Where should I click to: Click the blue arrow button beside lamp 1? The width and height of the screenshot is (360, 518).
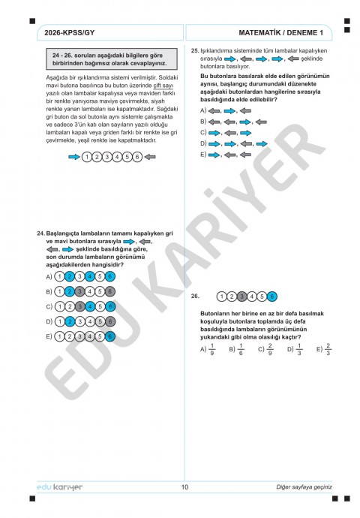pos(73,157)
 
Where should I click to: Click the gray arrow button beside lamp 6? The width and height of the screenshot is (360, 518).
pos(149,157)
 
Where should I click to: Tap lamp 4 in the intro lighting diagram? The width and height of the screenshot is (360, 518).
pos(117,157)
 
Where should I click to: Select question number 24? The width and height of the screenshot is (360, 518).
pos(40,234)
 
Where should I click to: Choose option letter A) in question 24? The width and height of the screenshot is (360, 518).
pos(49,277)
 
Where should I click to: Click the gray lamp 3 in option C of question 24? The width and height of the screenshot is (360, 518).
pos(79,306)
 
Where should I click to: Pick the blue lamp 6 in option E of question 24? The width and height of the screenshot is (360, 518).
pos(109,336)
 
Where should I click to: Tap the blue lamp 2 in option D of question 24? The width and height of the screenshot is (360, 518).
pos(69,321)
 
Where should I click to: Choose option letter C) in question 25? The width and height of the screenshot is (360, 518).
pos(202,131)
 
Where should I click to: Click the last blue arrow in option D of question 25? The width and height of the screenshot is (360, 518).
pos(262,143)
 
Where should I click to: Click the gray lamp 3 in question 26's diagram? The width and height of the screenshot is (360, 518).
pos(241,296)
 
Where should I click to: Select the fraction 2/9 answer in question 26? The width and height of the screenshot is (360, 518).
pos(271,349)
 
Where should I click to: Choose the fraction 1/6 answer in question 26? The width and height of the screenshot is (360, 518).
pos(241,349)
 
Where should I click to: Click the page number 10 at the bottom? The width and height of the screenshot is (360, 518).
pos(184,486)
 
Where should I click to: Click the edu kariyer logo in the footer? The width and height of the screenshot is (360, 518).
pos(59,486)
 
